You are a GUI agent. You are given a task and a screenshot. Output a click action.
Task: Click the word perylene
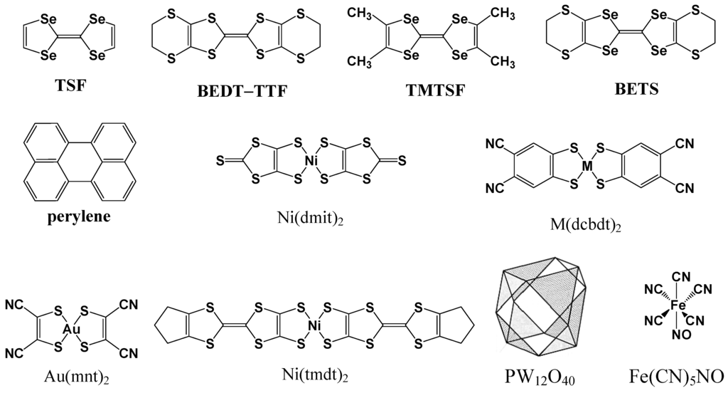click(x=79, y=217)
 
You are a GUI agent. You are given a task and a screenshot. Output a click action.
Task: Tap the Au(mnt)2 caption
click(x=68, y=374)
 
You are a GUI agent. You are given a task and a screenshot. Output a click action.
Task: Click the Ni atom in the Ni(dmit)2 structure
click(x=311, y=162)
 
